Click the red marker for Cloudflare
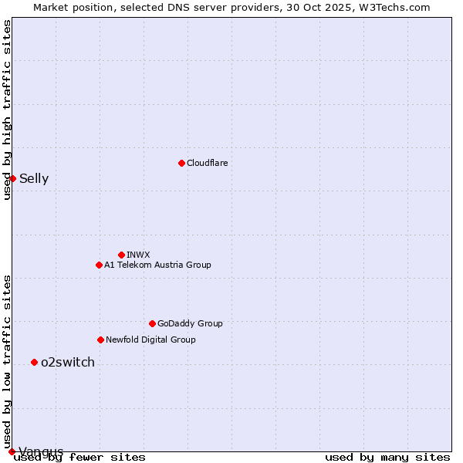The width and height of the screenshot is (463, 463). click(x=181, y=163)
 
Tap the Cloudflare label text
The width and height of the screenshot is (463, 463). click(x=207, y=163)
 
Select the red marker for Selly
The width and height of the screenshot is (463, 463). click(x=12, y=178)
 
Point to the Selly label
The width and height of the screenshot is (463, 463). click(x=34, y=179)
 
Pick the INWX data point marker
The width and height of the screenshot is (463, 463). click(x=121, y=255)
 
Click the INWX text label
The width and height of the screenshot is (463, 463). click(x=138, y=255)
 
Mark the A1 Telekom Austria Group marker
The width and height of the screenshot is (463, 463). click(x=99, y=265)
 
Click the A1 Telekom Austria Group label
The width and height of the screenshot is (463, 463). click(x=157, y=265)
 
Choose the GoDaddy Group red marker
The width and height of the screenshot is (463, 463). click(x=152, y=323)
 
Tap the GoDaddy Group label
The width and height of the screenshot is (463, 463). click(x=190, y=323)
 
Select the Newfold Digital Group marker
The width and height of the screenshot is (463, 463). click(x=100, y=340)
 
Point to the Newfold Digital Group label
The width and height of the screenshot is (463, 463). click(x=150, y=340)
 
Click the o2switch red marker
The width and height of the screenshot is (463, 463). click(x=34, y=362)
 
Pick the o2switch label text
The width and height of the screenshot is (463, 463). click(x=68, y=363)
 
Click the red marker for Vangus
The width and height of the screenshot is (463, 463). click(x=12, y=451)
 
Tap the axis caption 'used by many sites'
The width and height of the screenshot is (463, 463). click(x=387, y=458)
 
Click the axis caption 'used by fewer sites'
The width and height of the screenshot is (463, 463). click(x=80, y=458)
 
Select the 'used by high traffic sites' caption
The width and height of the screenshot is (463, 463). click(x=7, y=110)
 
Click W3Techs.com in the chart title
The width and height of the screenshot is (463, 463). click(x=392, y=7)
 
